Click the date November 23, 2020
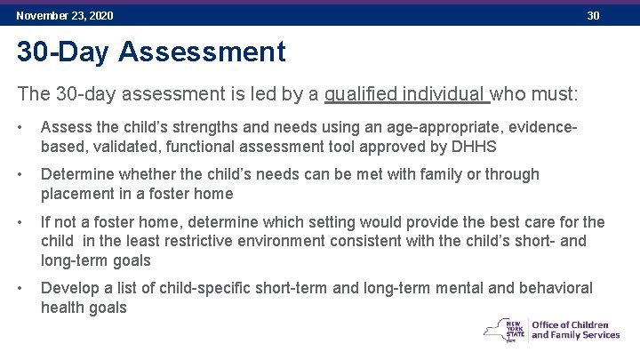click(65, 16)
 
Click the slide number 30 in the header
click(593, 16)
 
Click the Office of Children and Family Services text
click(575, 329)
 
